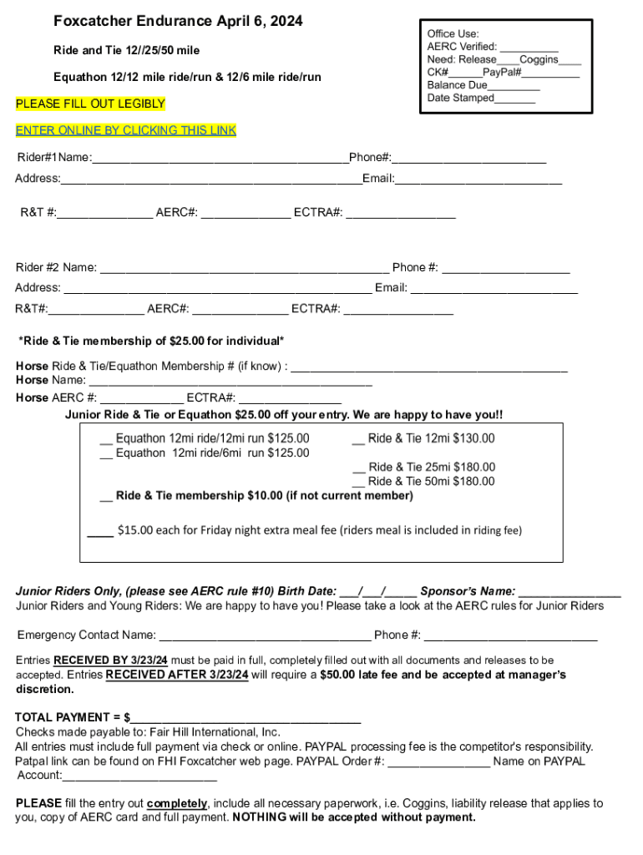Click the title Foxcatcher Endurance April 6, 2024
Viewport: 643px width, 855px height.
click(x=178, y=20)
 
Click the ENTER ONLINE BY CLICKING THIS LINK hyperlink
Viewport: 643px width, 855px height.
click(x=126, y=130)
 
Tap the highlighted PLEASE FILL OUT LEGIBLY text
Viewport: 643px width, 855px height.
click(x=91, y=104)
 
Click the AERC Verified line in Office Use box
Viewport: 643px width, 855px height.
click(x=529, y=48)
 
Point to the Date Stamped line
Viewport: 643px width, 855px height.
click(x=515, y=99)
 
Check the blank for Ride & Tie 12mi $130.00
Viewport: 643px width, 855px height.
click(x=358, y=439)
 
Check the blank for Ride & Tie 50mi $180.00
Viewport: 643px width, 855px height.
click(x=358, y=482)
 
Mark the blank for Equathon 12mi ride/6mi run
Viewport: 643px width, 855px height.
click(x=106, y=453)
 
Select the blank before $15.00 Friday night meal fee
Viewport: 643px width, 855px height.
click(x=100, y=530)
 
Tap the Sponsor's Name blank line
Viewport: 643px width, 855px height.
click(x=570, y=591)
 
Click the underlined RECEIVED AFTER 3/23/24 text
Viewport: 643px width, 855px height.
click(x=177, y=675)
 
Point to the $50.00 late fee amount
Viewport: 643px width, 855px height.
click(x=338, y=675)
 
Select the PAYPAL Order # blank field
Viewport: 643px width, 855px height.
click(x=439, y=761)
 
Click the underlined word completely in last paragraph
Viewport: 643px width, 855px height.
click(x=177, y=803)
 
